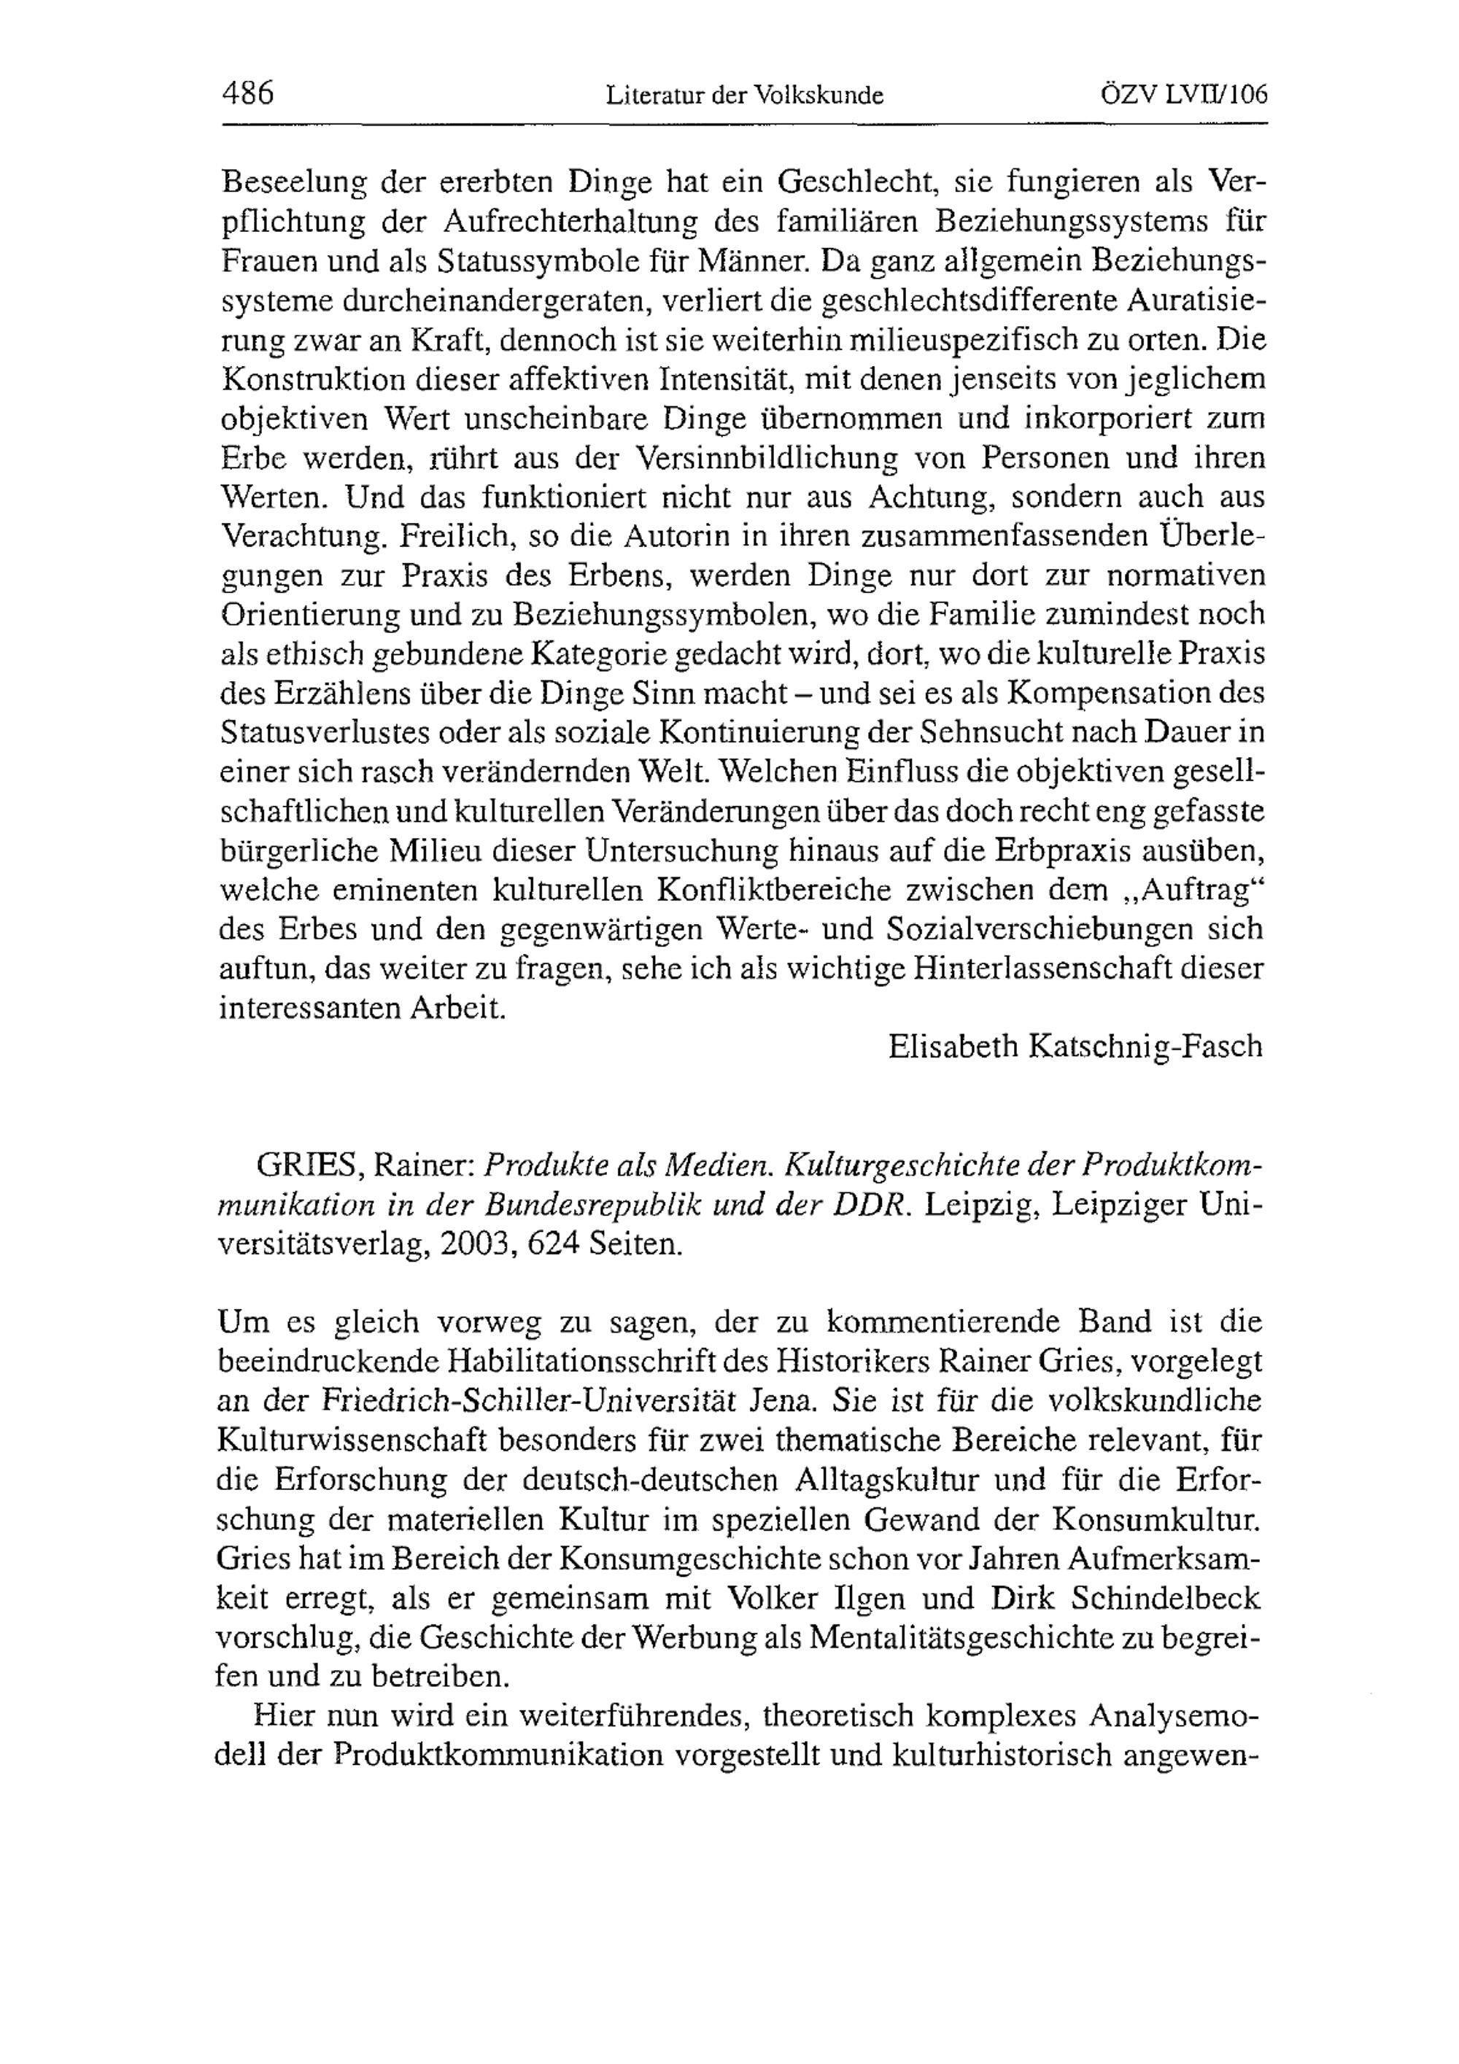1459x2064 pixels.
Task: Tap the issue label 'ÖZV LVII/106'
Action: (x=1184, y=93)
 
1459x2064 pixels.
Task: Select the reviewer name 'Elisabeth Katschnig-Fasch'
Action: (x=1075, y=1047)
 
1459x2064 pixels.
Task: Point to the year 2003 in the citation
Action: (x=481, y=1245)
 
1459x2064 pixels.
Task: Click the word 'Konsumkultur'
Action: (x=1153, y=1520)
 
